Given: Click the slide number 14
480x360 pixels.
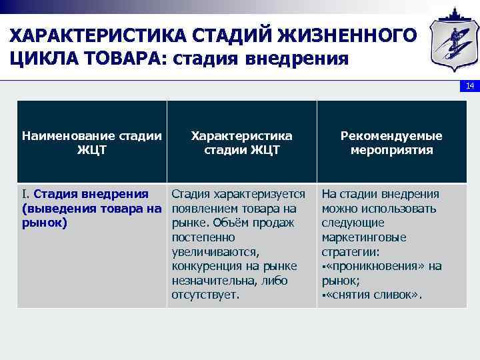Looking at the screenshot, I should (469, 87).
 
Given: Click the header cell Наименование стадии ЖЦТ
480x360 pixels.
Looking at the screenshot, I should (92, 143).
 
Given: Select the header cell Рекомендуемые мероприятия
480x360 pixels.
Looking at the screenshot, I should (391, 143).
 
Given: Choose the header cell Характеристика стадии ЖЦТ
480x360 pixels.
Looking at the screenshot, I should (241, 143).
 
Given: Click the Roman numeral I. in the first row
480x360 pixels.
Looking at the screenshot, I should (26, 194).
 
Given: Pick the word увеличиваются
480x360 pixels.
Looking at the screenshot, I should (213, 252).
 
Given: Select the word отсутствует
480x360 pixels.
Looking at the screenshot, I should (205, 295).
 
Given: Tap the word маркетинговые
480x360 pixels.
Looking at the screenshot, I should (364, 237).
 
